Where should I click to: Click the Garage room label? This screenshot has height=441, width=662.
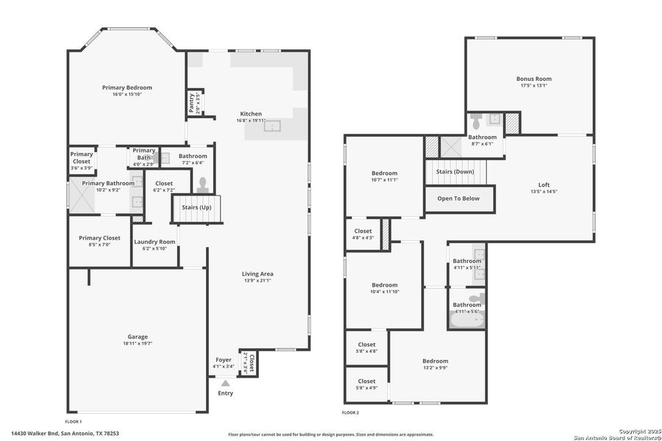tap(138, 337)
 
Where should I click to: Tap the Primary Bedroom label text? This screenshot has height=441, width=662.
tap(127, 87)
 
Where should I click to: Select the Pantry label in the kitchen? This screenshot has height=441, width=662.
tap(191, 101)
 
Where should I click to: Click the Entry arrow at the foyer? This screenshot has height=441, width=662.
tap(225, 383)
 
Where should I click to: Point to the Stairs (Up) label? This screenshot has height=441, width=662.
tap(196, 208)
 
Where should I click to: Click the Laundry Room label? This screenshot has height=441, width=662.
tap(154, 242)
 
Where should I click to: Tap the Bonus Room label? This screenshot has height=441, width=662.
tap(533, 79)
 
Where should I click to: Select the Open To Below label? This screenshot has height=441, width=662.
tap(458, 198)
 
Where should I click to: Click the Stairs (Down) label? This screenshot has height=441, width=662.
tap(455, 171)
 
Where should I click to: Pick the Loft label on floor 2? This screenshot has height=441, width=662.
tap(544, 185)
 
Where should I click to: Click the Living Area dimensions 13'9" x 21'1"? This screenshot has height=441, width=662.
tap(257, 281)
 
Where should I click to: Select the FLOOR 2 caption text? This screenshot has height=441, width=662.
tap(351, 413)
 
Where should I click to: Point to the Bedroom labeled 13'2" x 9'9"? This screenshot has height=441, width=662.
tap(435, 361)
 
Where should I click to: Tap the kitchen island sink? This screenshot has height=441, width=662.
tap(273, 126)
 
